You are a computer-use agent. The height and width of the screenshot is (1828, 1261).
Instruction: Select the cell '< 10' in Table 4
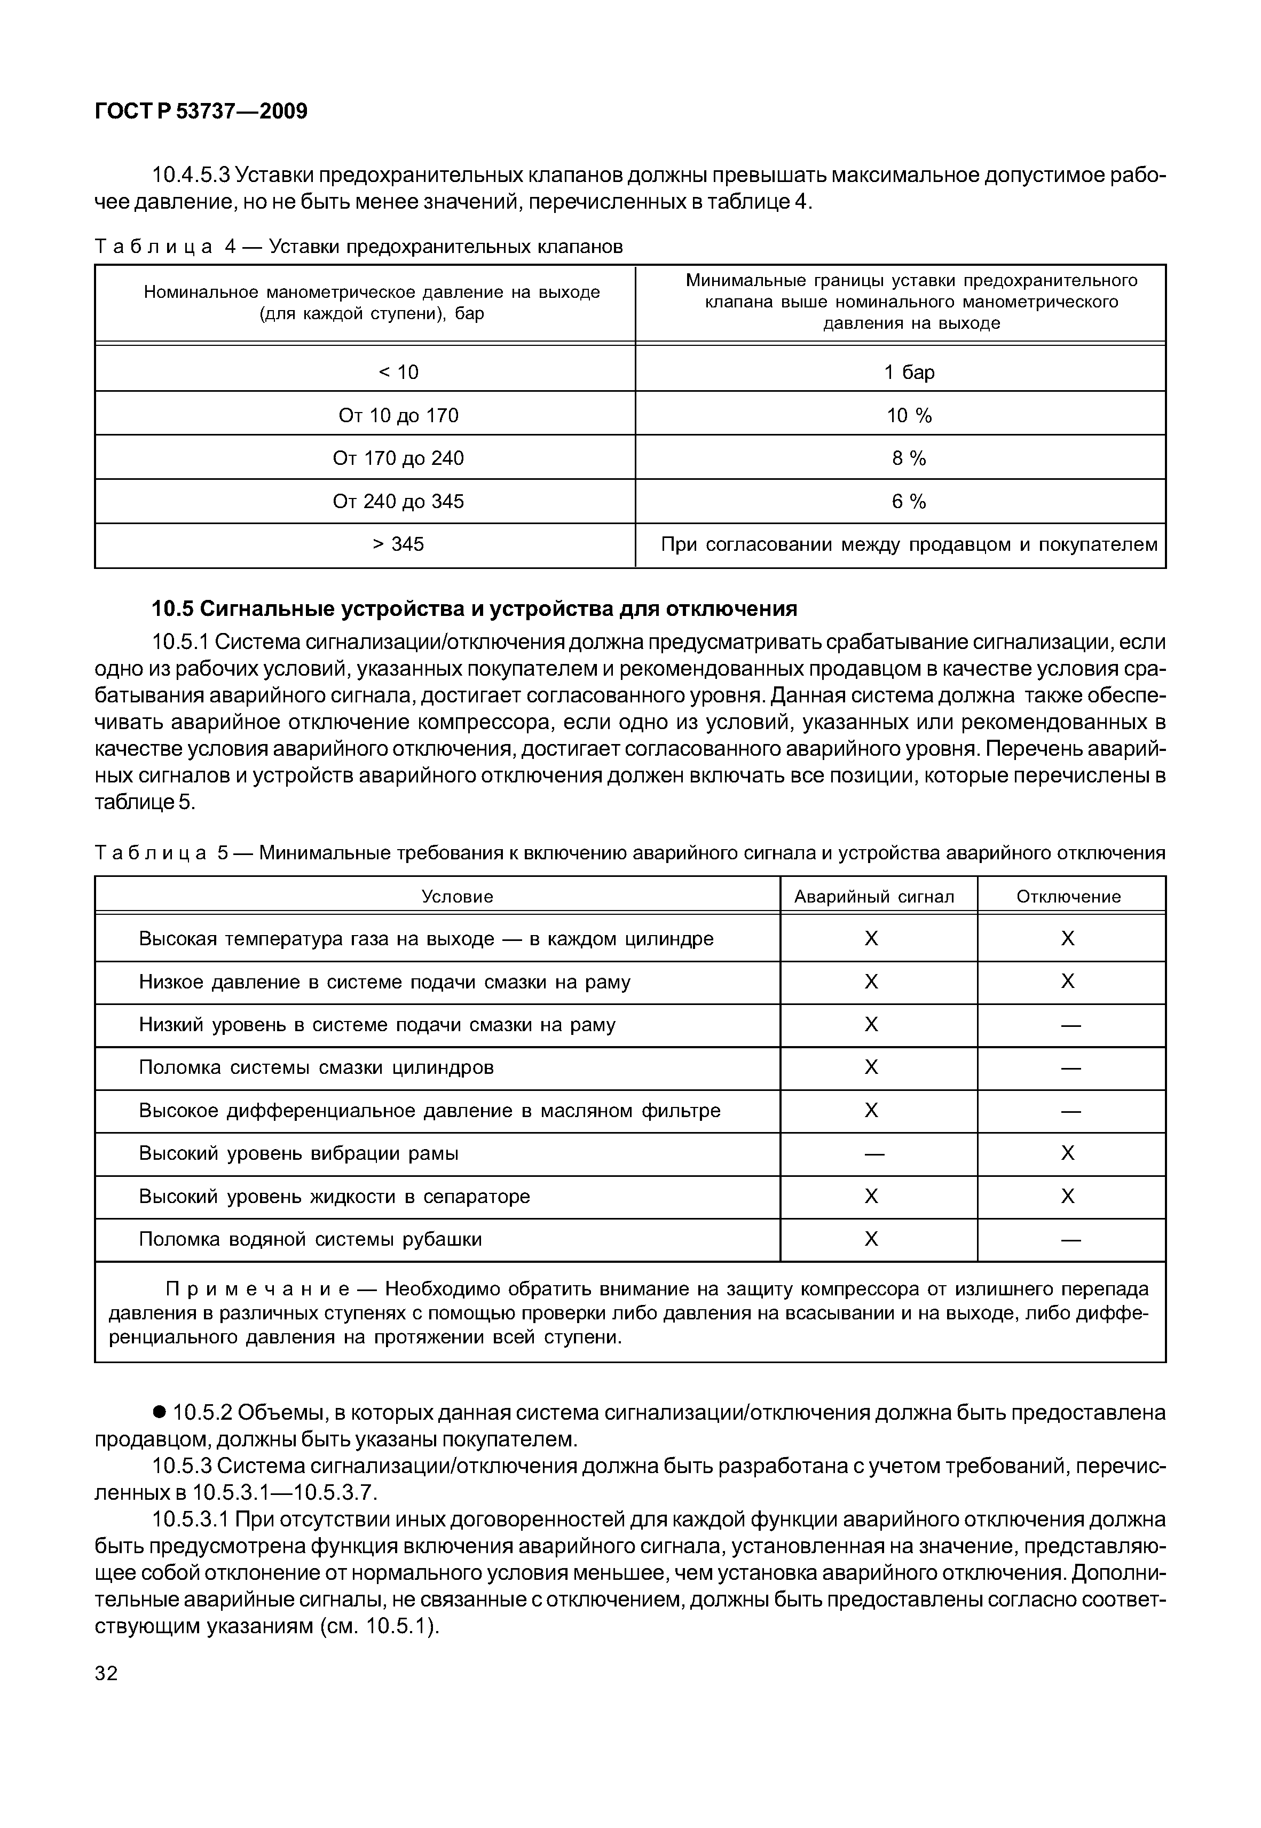click(x=398, y=372)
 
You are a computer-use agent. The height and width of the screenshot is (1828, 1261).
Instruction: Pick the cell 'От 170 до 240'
click(x=398, y=458)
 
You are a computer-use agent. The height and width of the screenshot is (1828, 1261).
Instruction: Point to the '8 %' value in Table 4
click(x=909, y=458)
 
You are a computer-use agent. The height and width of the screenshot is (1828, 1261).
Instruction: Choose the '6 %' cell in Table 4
click(x=909, y=502)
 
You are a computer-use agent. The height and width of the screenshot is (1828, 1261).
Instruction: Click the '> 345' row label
click(x=398, y=544)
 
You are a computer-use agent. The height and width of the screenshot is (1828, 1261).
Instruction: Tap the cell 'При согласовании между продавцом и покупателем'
click(x=909, y=544)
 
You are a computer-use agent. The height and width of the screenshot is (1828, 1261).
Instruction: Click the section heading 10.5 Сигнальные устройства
click(x=474, y=609)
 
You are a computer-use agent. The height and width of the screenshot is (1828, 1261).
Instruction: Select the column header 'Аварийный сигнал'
click(x=874, y=897)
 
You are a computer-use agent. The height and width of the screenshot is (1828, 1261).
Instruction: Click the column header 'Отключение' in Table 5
click(x=1068, y=897)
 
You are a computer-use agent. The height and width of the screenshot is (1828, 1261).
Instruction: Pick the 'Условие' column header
click(x=456, y=897)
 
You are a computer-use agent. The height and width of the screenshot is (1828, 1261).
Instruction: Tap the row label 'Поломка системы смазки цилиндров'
click(x=316, y=1068)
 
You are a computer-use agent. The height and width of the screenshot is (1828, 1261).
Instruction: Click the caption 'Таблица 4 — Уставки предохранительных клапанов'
click(x=359, y=247)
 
